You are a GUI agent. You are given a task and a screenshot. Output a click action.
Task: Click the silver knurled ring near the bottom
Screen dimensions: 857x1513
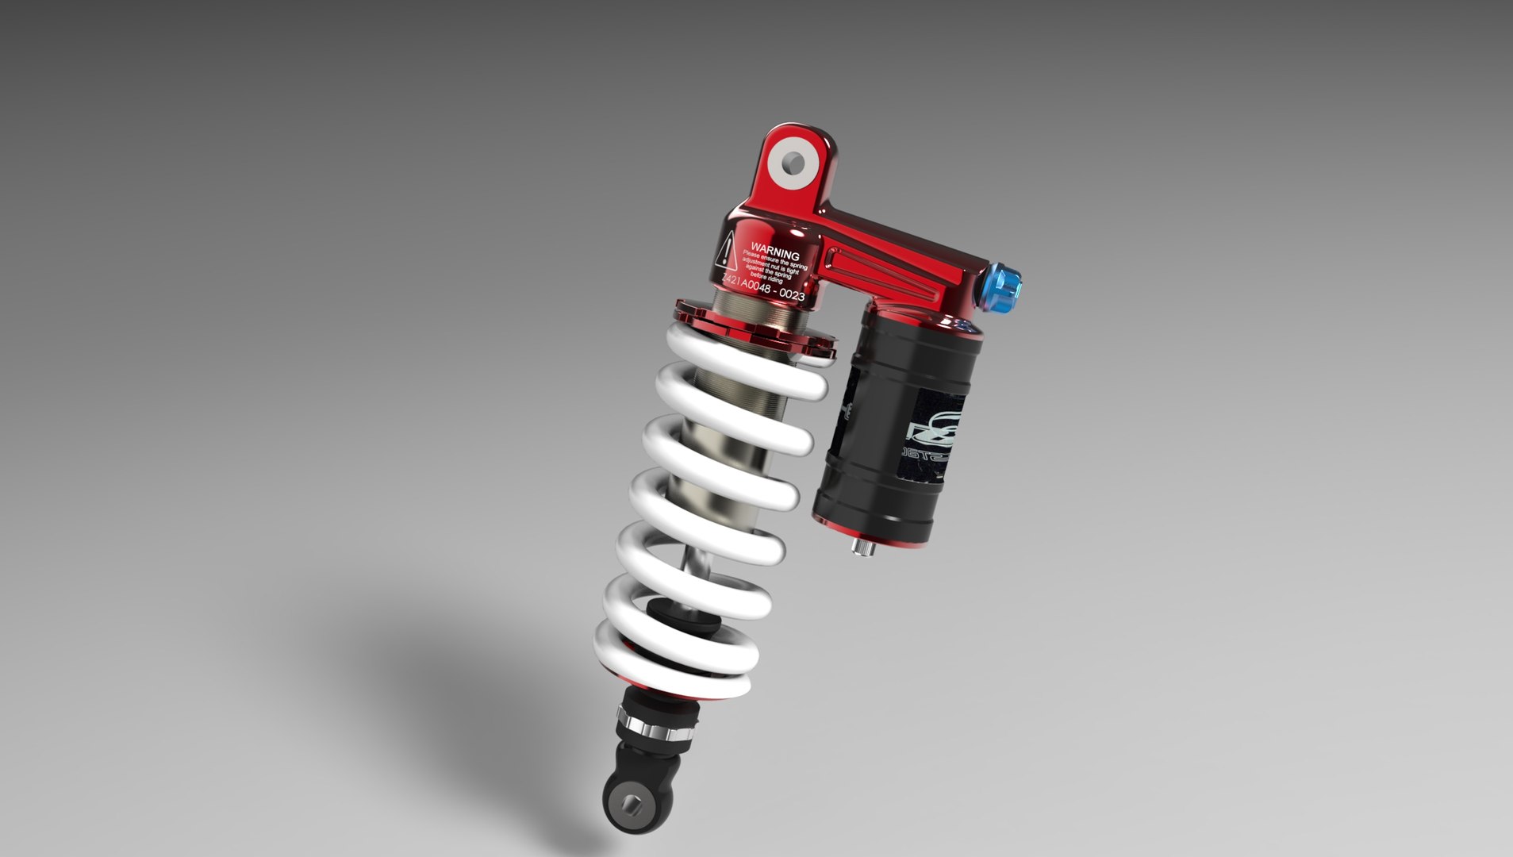[x=658, y=728]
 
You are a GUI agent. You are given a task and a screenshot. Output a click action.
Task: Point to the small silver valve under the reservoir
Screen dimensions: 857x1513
[x=862, y=548]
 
